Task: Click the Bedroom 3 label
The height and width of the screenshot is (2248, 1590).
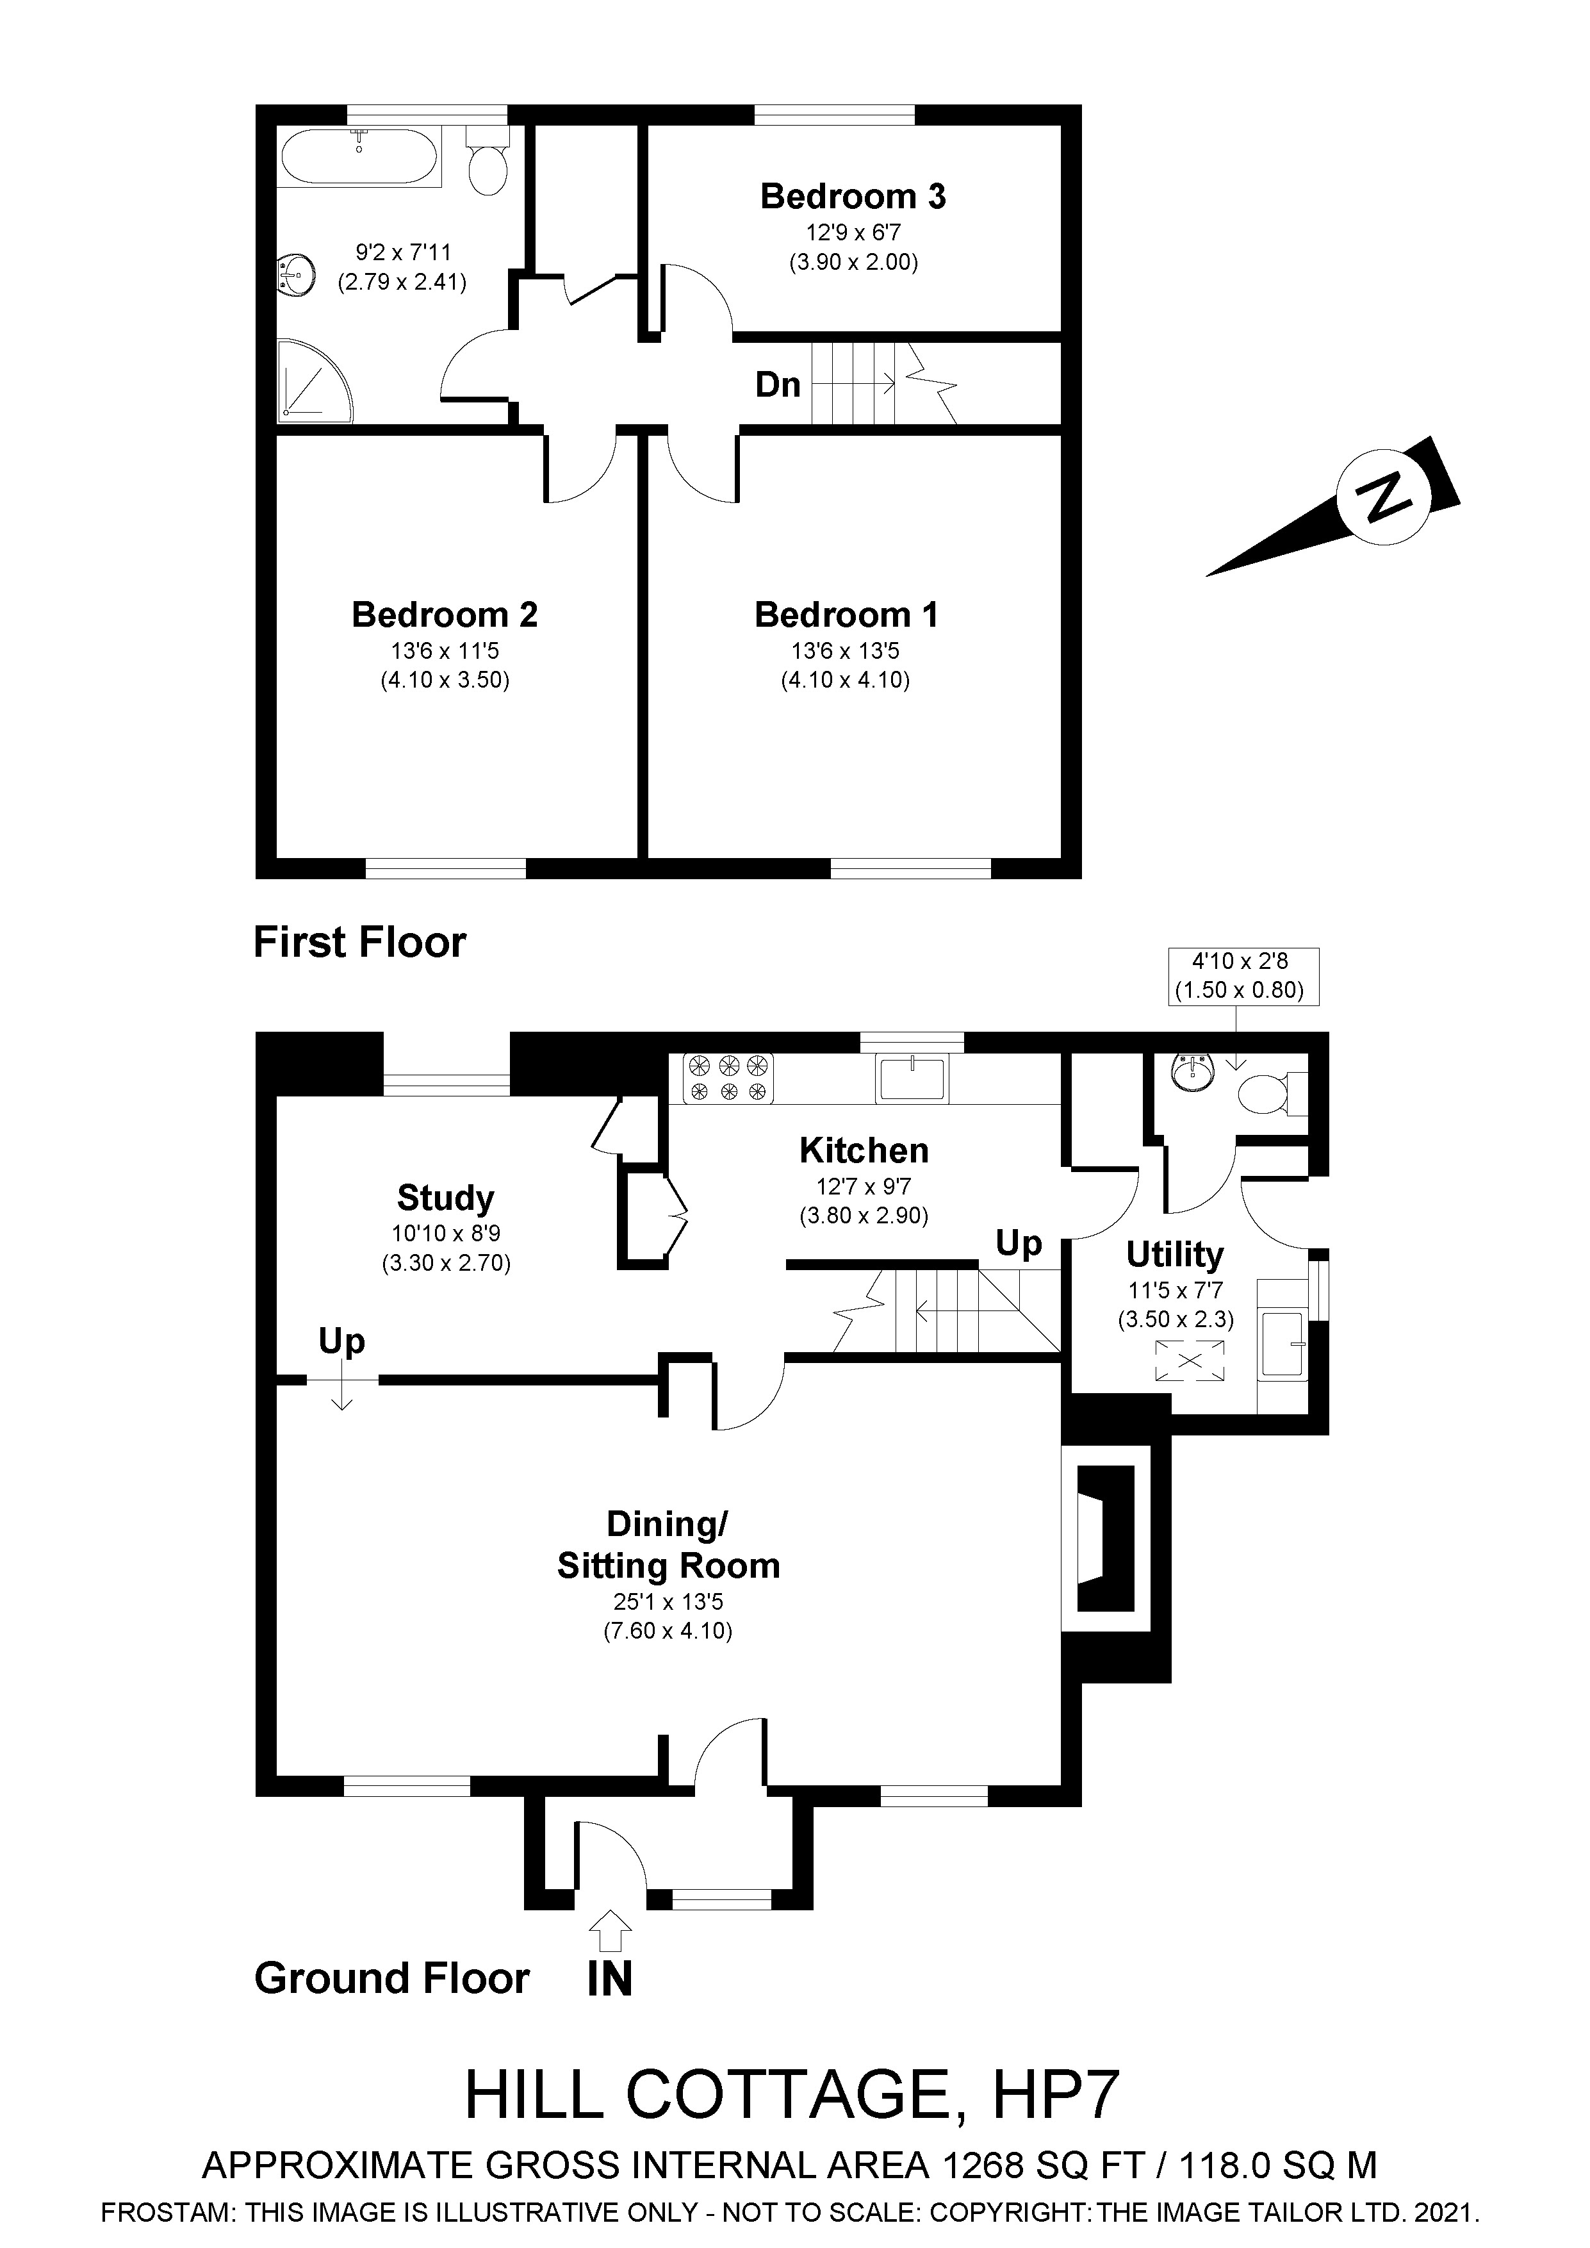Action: (853, 197)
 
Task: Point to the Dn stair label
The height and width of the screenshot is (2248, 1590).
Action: (778, 384)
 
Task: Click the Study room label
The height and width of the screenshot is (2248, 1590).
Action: (445, 1198)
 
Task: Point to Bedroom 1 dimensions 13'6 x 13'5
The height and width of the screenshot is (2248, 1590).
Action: (845, 650)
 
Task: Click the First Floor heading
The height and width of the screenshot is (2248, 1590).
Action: (359, 942)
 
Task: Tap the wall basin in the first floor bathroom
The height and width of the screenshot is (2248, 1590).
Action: (297, 275)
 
